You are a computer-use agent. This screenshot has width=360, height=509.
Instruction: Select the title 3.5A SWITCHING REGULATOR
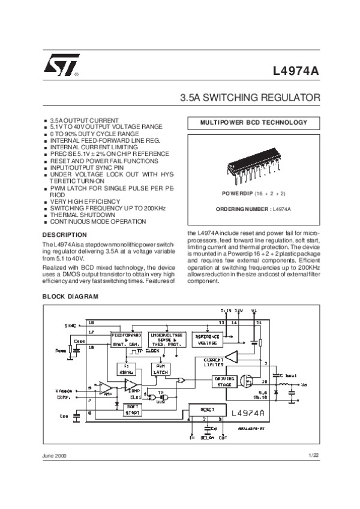[x=250, y=97]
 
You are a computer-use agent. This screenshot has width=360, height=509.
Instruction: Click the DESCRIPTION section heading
[x=65, y=234]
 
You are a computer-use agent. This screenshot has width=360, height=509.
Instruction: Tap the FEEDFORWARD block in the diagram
[x=127, y=339]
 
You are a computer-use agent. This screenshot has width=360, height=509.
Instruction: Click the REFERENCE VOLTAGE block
[x=207, y=339]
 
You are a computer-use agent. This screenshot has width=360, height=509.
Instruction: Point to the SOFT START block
[x=132, y=409]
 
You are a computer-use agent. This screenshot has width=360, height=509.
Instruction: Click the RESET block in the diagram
[x=205, y=409]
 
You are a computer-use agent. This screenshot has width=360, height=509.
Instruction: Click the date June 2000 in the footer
[x=55, y=456]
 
